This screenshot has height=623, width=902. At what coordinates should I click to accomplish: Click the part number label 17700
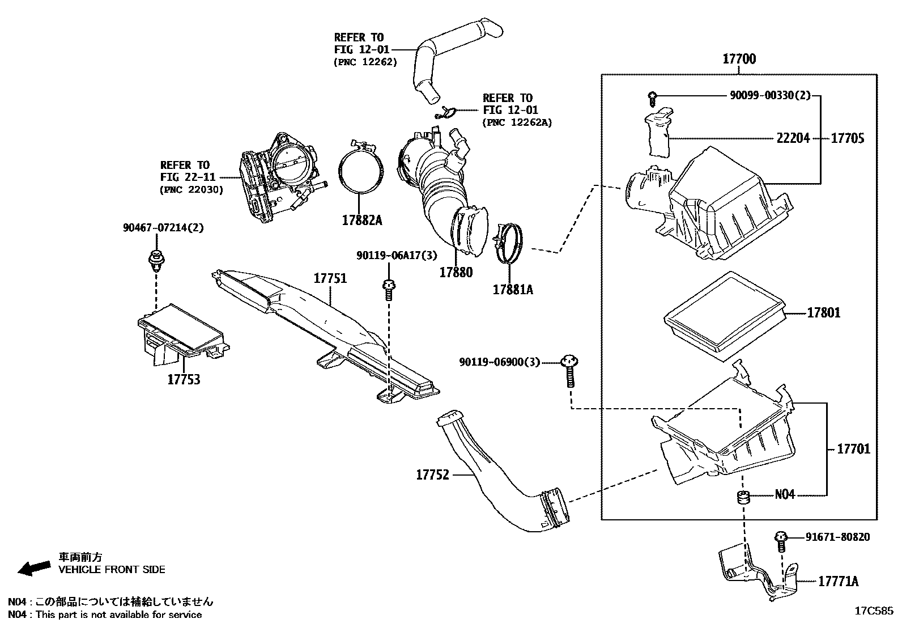pos(739,58)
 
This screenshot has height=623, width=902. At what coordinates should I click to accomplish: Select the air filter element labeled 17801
pos(725,315)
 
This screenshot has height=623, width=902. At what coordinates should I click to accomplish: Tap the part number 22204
pos(793,138)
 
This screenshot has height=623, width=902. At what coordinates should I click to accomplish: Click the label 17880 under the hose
pos(456,272)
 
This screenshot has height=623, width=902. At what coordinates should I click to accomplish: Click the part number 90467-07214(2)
pos(163,228)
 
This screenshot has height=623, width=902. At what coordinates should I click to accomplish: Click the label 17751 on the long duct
pos(330,278)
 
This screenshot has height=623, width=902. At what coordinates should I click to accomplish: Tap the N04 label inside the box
pos(785,494)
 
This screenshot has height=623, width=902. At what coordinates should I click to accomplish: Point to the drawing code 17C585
pos(874,611)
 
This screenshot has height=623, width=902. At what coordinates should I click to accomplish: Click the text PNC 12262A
pos(517,122)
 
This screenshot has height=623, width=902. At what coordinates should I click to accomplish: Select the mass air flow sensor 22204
pos(657,130)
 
